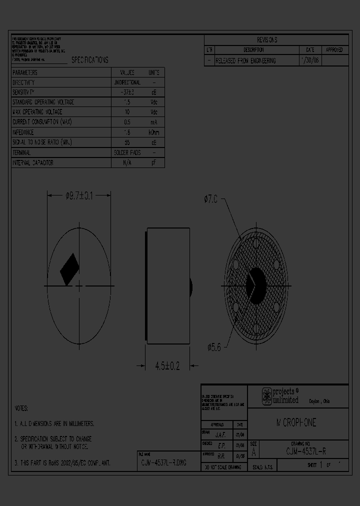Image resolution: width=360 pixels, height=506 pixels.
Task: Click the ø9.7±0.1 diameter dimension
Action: (79, 196)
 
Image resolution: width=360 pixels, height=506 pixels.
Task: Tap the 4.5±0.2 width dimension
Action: (167, 366)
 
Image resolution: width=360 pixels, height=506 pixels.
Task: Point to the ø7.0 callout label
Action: (210, 199)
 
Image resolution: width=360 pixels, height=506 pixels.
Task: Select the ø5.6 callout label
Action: (214, 346)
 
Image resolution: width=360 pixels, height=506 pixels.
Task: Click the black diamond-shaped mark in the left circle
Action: (69, 269)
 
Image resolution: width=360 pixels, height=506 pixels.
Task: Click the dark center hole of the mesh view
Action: (255, 286)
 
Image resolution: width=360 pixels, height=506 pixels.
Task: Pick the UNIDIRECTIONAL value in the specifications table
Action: (127, 82)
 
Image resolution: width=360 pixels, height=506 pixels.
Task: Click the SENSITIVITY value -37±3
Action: (127, 92)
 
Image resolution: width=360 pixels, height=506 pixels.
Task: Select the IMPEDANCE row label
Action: (23, 132)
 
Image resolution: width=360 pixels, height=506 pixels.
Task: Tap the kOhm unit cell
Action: (154, 132)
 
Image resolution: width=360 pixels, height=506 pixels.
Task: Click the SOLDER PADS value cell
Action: (127, 152)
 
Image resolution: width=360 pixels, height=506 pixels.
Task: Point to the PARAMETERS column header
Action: (25, 72)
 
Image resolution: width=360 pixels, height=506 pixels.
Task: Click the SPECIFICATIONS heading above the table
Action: (89, 60)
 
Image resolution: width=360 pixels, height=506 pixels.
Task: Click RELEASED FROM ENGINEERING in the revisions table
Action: (245, 60)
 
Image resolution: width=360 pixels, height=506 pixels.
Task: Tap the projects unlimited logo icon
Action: (267, 396)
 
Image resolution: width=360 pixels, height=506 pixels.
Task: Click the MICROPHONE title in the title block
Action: (296, 423)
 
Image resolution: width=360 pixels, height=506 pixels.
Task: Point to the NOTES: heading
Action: (21, 408)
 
